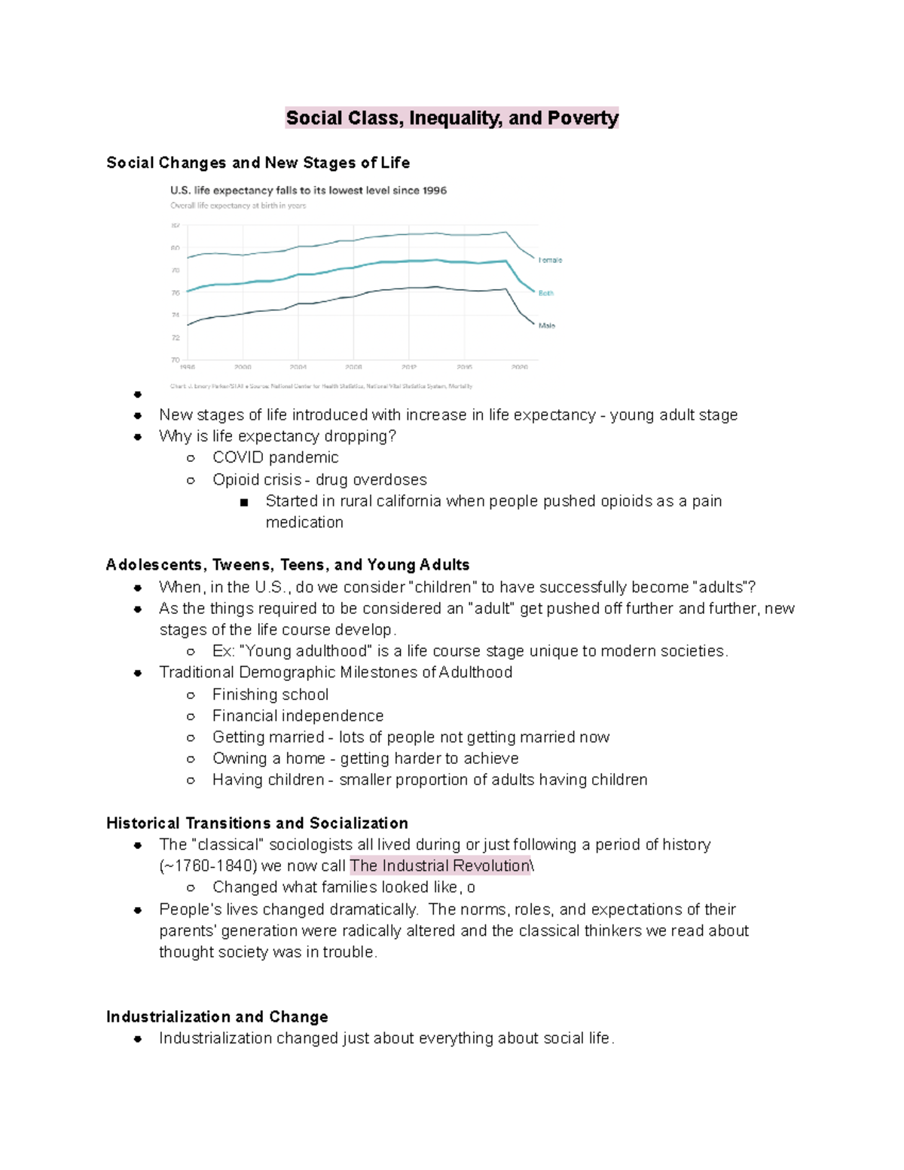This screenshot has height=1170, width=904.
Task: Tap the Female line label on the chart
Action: pyautogui.click(x=550, y=260)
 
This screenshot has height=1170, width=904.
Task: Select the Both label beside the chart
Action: pyautogui.click(x=546, y=293)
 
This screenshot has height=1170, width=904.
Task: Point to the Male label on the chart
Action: pyautogui.click(x=547, y=325)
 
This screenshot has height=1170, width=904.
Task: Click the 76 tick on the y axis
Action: pyautogui.click(x=176, y=292)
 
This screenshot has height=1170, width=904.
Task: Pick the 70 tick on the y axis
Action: pyautogui.click(x=176, y=359)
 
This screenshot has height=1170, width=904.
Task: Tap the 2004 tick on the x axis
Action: pyautogui.click(x=298, y=367)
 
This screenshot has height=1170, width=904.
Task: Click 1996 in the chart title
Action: pyautogui.click(x=435, y=191)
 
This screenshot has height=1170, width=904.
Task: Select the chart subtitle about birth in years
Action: pyautogui.click(x=238, y=206)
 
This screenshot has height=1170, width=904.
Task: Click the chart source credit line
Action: pyautogui.click(x=322, y=386)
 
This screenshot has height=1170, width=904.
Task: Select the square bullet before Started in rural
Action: pyautogui.click(x=244, y=503)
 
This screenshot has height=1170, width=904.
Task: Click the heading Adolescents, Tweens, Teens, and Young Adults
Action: pyautogui.click(x=288, y=565)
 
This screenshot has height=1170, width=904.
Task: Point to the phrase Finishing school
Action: pyautogui.click(x=270, y=695)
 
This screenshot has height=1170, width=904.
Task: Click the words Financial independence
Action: pyautogui.click(x=298, y=716)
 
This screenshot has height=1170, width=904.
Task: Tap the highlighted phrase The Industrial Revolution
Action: pyautogui.click(x=440, y=866)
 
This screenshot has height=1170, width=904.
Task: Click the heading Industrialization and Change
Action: pyautogui.click(x=217, y=1017)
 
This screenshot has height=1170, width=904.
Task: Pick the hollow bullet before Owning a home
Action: pyautogui.click(x=191, y=759)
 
